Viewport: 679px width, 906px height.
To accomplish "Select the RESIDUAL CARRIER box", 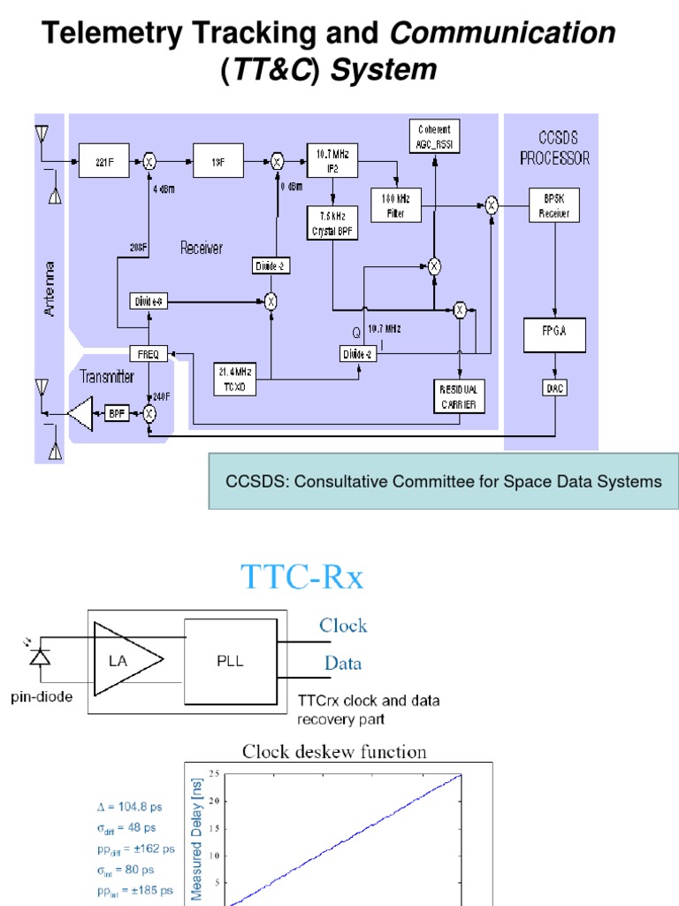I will [459, 395].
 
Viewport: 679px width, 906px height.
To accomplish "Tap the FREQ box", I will [147, 354].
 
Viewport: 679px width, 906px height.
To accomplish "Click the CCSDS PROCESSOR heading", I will [554, 149].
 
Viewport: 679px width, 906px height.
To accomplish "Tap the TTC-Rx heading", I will [302, 578].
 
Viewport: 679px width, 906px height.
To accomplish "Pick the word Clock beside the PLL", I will [343, 626].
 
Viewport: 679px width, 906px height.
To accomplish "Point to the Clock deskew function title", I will [334, 752].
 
